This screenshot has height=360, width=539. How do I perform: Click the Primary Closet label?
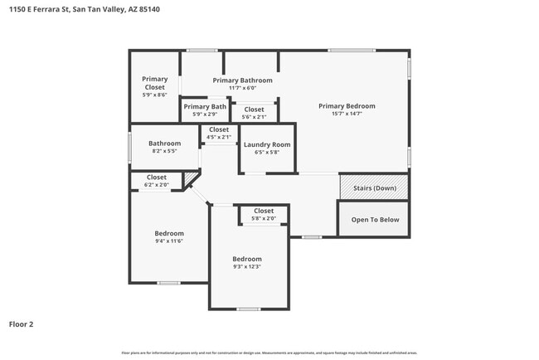(154, 83)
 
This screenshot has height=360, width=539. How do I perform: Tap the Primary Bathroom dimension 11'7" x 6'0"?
(242, 88)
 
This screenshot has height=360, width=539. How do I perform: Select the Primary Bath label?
(205, 106)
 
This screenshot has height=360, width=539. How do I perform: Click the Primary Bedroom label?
(347, 106)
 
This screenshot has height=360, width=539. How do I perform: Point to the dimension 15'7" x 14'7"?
(347, 114)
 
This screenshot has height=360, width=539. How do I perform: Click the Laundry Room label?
(267, 145)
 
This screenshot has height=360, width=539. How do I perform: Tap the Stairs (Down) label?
(374, 187)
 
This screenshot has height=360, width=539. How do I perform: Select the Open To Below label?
(375, 220)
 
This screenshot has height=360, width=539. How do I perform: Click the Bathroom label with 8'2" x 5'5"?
(164, 144)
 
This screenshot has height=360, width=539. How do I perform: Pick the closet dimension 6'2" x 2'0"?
(157, 184)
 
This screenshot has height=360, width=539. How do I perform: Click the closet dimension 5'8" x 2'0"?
(264, 218)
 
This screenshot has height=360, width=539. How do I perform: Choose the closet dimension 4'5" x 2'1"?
(219, 137)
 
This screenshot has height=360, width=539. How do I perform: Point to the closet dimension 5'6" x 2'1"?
(254, 117)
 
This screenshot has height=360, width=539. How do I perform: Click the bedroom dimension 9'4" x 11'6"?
(169, 241)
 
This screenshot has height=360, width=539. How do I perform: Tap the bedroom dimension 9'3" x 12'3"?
(247, 266)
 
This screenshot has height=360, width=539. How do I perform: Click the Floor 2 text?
(21, 324)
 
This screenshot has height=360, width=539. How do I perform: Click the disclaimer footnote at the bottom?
(269, 353)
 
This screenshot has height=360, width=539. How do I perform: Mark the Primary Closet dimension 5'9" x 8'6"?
(154, 95)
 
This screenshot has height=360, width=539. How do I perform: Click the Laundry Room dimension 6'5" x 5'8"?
(267, 153)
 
